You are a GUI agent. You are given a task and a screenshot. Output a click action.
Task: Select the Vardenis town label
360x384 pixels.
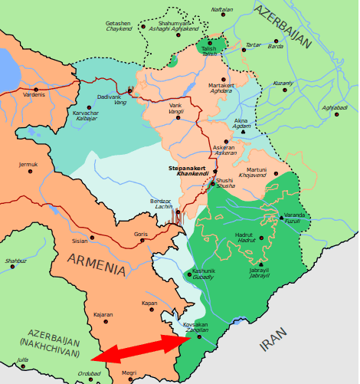click(34, 94)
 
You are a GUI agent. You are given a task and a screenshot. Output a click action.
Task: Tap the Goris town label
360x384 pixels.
click(140, 234)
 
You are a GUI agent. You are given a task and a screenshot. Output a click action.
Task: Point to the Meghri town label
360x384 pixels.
click(129, 373)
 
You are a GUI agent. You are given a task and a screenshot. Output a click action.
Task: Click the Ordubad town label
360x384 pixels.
click(90, 373)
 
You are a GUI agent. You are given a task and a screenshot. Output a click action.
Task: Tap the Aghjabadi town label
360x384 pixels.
click(335, 107)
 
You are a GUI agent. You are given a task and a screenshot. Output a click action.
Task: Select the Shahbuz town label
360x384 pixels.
click(15, 261)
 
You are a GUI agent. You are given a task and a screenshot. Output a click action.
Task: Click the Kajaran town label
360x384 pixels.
click(103, 314)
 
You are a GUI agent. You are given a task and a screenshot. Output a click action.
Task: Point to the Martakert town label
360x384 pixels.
click(221, 85)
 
